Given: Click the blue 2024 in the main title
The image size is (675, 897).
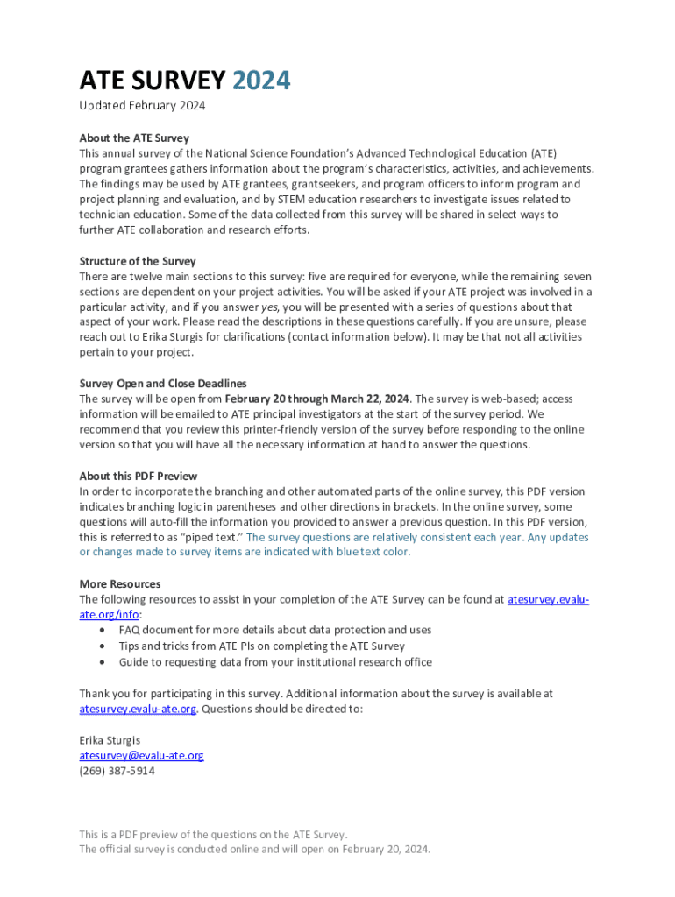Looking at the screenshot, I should pyautogui.click(x=261, y=81).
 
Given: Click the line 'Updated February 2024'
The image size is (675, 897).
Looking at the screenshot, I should pyautogui.click(x=142, y=106).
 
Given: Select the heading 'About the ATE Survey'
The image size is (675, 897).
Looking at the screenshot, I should pyautogui.click(x=134, y=138).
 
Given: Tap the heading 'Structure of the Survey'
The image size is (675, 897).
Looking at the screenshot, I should pyautogui.click(x=138, y=261).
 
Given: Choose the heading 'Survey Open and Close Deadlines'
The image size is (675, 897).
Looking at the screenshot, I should pyautogui.click(x=163, y=383).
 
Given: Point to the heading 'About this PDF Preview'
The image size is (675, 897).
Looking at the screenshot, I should pyautogui.click(x=139, y=476).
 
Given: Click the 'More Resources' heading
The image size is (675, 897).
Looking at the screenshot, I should pyautogui.click(x=120, y=583).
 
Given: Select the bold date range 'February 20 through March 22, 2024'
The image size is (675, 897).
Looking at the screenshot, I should pyautogui.click(x=316, y=399).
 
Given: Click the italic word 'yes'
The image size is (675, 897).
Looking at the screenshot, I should pyautogui.click(x=271, y=307).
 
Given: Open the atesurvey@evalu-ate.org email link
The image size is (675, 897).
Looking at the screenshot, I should pyautogui.click(x=141, y=755).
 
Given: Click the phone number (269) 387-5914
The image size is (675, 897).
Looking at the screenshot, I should pyautogui.click(x=117, y=771).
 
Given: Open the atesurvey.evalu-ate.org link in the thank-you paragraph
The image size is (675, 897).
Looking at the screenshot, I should pyautogui.click(x=138, y=709).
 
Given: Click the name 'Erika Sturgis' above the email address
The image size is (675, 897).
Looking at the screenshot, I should pyautogui.click(x=110, y=740).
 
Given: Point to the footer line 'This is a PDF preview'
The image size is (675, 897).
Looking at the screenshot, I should pyautogui.click(x=213, y=834).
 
